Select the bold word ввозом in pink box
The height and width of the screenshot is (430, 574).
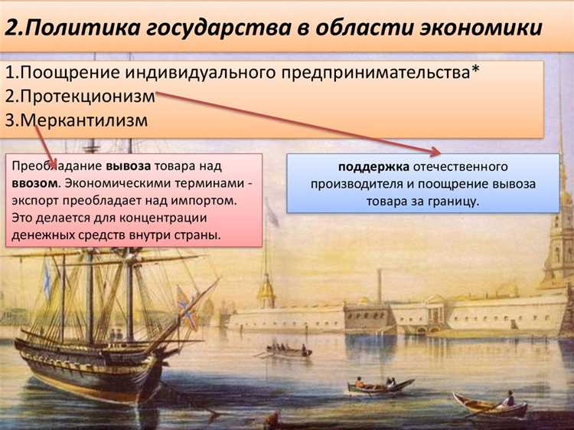pyautogui.click(x=35, y=184)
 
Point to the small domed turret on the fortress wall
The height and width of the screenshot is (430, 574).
pyautogui.click(x=266, y=291)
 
